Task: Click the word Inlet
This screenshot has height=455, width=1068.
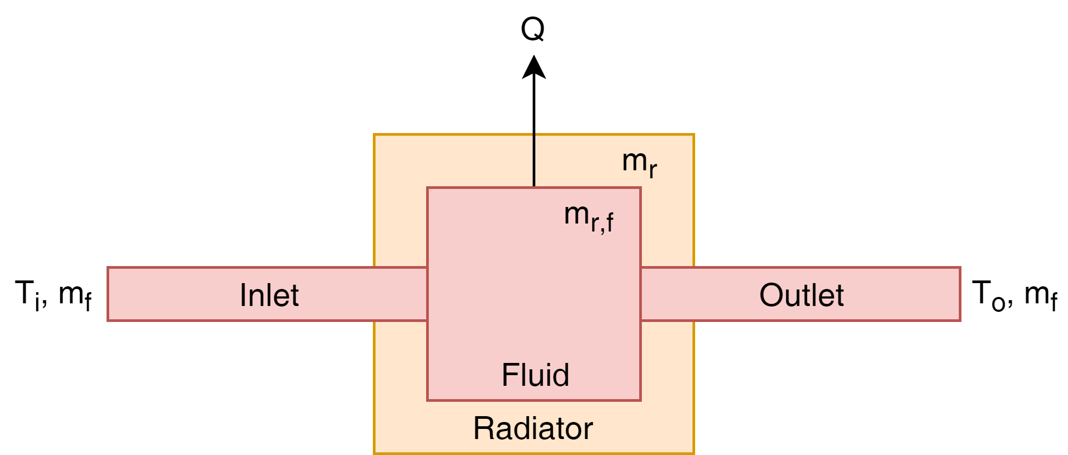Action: click(269, 295)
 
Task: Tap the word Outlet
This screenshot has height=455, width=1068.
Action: click(801, 295)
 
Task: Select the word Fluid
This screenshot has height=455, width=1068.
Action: click(535, 375)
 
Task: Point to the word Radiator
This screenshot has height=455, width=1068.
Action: click(533, 428)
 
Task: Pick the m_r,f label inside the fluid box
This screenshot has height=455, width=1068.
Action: click(589, 217)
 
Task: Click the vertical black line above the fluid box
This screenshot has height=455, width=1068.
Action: click(534, 160)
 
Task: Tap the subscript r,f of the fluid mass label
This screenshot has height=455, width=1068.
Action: click(602, 222)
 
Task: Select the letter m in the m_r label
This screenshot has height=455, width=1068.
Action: click(634, 160)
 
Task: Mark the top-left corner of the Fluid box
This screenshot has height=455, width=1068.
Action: click(428, 188)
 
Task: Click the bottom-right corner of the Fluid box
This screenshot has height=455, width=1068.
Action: click(640, 400)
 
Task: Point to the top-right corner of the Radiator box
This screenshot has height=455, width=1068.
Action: click(694, 135)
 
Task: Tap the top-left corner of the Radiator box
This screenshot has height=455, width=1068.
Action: click(374, 135)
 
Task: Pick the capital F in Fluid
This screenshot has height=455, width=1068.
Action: click(508, 375)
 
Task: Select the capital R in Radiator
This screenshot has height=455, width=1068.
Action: click(483, 428)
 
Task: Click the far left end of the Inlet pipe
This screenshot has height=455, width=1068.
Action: click(109, 294)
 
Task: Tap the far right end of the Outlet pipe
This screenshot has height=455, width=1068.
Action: click(960, 294)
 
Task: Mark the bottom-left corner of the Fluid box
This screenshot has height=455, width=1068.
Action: click(428, 400)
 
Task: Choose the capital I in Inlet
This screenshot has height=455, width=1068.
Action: click(243, 295)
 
